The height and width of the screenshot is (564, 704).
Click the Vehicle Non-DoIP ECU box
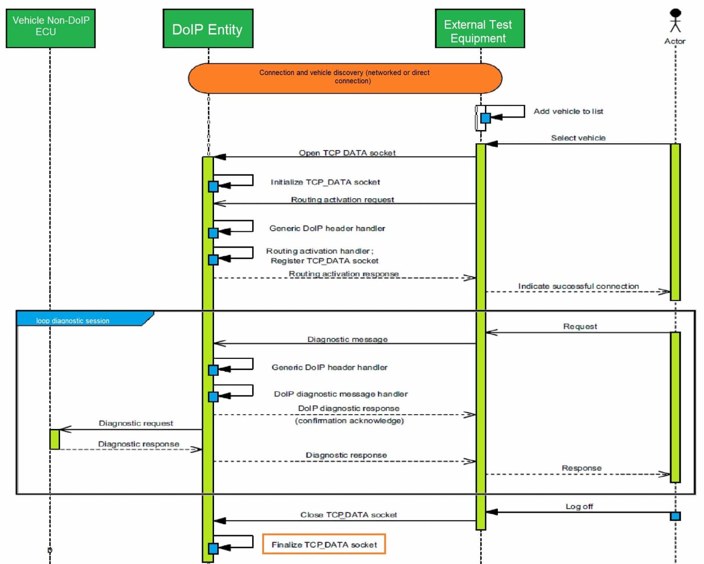(x=50, y=28)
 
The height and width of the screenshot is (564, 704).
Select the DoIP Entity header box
(x=208, y=29)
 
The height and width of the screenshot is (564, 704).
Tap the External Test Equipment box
(x=479, y=28)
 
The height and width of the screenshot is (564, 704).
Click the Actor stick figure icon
(x=675, y=21)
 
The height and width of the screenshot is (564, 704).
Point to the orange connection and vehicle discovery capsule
(x=345, y=78)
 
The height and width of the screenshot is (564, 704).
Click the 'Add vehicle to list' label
(x=568, y=111)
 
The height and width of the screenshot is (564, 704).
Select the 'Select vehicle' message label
(x=577, y=138)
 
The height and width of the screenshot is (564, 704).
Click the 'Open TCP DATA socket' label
(x=347, y=153)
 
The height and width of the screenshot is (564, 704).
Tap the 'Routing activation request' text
(x=342, y=200)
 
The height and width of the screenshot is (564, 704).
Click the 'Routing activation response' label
(x=343, y=274)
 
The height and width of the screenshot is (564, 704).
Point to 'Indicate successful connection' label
(x=578, y=286)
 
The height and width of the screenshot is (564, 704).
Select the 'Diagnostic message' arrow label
(x=347, y=339)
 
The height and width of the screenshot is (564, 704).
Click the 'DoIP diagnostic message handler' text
(x=341, y=394)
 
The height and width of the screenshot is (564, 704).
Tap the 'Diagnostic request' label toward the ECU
(x=136, y=423)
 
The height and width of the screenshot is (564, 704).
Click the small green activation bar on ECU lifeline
(x=55, y=439)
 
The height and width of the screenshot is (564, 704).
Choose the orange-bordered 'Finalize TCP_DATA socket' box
(x=324, y=544)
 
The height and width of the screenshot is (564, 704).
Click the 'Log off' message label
(x=579, y=506)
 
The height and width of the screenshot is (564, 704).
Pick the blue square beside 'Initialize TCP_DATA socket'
(x=213, y=186)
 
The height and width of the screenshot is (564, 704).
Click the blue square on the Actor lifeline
(x=675, y=516)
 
